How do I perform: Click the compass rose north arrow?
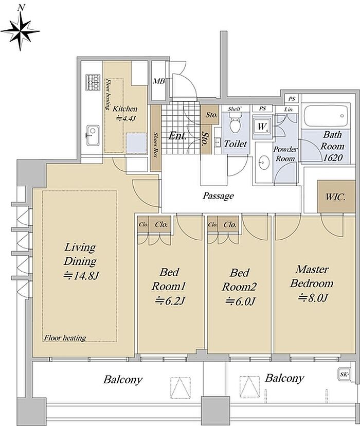tap(20, 28)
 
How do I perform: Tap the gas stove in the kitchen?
tap(94, 82)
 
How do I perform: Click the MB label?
tap(159, 81)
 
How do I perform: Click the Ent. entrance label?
tap(177, 136)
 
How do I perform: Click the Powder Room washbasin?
tap(263, 163)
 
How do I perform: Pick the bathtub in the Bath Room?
tap(326, 116)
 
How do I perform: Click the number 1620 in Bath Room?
tap(333, 157)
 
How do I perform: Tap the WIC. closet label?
tap(335, 197)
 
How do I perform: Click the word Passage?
tap(218, 196)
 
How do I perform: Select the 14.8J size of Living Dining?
tap(81, 276)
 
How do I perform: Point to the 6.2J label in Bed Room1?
tap(170, 300)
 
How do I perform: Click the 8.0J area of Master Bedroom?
tap(313, 298)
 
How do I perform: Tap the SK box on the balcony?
tap(344, 375)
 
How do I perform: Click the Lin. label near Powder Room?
tap(289, 110)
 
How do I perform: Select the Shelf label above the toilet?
tap(234, 109)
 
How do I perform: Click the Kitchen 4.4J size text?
tap(125, 118)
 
